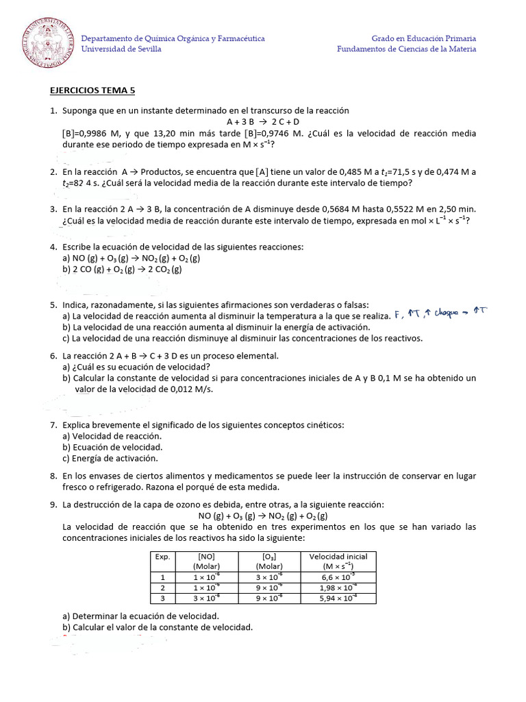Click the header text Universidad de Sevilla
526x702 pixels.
pyautogui.click(x=121, y=49)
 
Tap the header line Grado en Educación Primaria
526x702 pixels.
pyautogui.click(x=423, y=38)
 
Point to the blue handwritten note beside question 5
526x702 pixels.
pyautogui.click(x=440, y=314)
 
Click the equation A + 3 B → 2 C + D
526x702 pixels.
pyautogui.click(x=263, y=121)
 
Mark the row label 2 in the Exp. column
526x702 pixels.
pyautogui.click(x=162, y=588)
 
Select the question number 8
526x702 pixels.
pyautogui.click(x=53, y=476)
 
